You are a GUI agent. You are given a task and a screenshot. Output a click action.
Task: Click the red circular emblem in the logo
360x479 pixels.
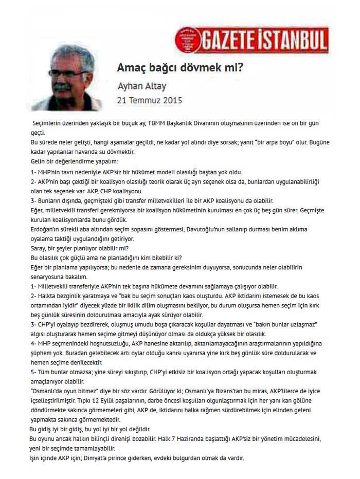pyautogui.click(x=187, y=39)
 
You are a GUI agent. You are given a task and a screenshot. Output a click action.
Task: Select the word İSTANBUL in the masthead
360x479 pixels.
pyautogui.click(x=291, y=40)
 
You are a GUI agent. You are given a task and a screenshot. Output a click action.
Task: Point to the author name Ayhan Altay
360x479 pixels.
pyautogui.click(x=142, y=86)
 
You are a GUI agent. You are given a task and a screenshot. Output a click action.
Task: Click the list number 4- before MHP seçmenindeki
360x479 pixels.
pyautogui.click(x=34, y=342)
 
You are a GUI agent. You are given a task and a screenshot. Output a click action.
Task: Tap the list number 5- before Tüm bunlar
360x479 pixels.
pyautogui.click(x=34, y=371)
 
